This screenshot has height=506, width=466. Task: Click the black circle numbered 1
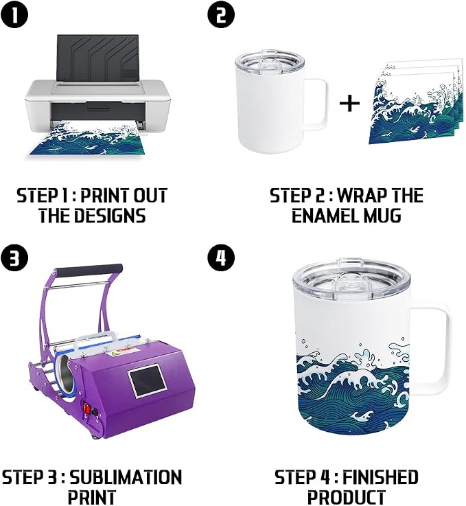[x=14, y=15]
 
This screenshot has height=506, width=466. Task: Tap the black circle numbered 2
[x=221, y=15]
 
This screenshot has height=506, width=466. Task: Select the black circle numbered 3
[x=14, y=258]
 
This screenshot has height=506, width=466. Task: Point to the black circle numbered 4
[x=221, y=258]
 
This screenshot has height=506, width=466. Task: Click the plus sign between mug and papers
[x=349, y=103]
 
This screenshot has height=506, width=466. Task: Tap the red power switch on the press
[x=87, y=409]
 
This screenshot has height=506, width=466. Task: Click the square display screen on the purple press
[x=148, y=381]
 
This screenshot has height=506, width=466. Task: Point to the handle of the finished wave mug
[x=434, y=345]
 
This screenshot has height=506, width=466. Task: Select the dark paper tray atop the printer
[x=97, y=58]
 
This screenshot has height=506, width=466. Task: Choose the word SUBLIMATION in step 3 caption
[x=126, y=477]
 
